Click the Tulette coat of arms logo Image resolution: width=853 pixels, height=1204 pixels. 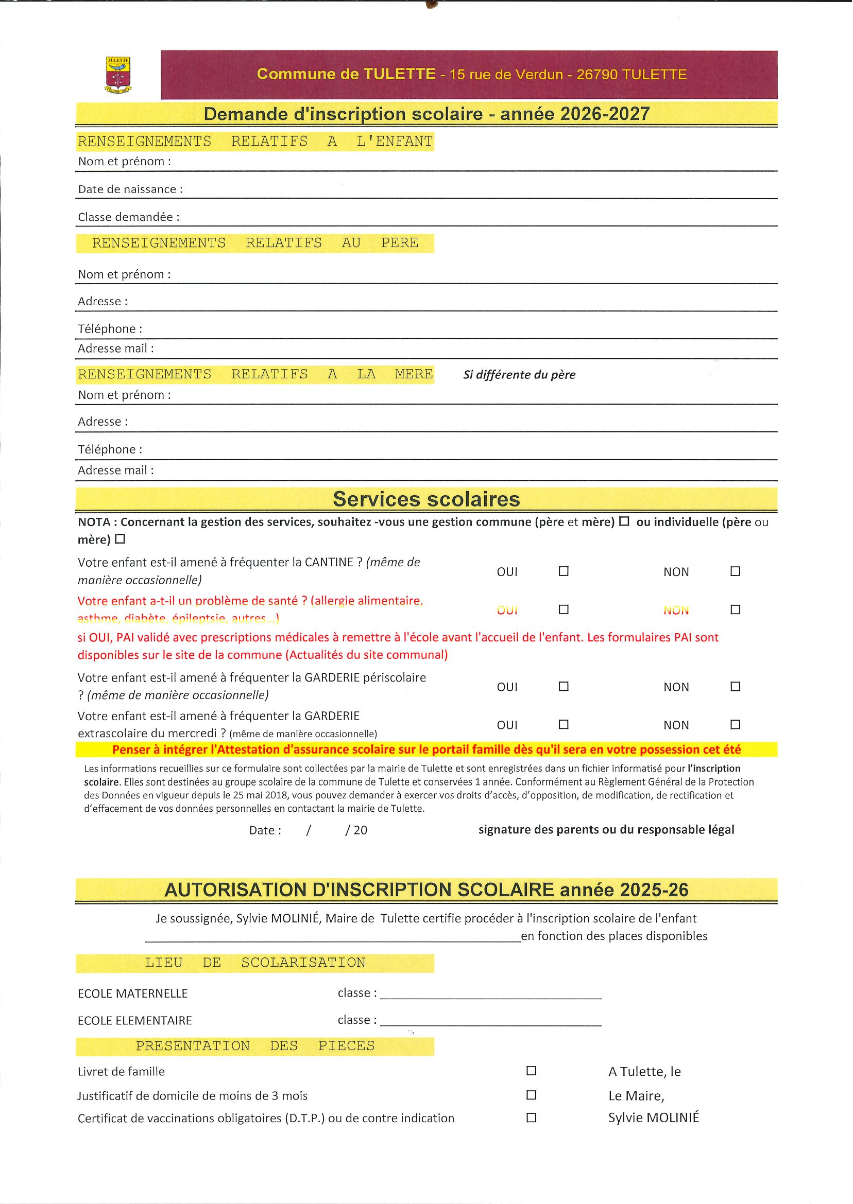click(x=118, y=75)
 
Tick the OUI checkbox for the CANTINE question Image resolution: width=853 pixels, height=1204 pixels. click(x=564, y=571)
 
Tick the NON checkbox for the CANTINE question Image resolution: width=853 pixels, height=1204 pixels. click(x=736, y=571)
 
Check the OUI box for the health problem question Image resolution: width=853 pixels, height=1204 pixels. click(x=564, y=609)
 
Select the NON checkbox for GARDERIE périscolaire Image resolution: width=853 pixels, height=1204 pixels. click(x=736, y=687)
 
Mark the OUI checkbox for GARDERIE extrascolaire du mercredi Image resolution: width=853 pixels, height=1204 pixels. click(x=564, y=724)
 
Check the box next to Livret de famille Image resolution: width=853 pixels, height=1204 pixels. click(x=532, y=1071)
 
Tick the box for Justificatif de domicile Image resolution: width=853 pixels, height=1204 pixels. click(x=532, y=1095)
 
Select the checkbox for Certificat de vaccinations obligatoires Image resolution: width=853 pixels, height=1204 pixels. click(x=532, y=1118)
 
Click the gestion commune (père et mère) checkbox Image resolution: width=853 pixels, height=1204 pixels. click(x=624, y=521)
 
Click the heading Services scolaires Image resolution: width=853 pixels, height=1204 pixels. click(x=426, y=499)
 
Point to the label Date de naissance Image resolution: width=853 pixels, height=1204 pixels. click(x=130, y=189)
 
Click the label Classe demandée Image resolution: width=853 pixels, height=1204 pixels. click(x=129, y=217)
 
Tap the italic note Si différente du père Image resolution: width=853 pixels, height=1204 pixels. click(x=519, y=375)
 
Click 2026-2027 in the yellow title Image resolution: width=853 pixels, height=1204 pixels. click(x=605, y=114)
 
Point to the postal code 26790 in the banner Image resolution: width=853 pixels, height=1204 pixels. click(x=596, y=75)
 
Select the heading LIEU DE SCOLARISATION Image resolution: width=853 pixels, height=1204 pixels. click(x=255, y=963)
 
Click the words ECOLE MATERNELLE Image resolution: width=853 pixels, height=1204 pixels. click(x=133, y=993)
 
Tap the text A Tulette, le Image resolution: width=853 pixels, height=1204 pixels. click(x=644, y=1072)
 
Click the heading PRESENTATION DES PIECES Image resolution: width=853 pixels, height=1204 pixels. click(x=255, y=1045)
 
